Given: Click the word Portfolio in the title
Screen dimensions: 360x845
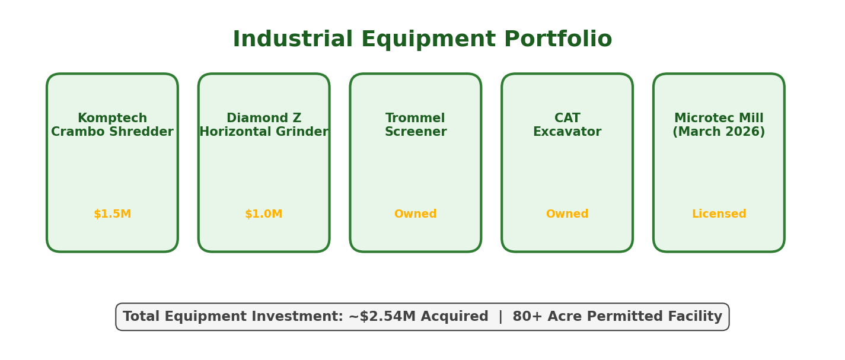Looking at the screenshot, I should pos(557,40).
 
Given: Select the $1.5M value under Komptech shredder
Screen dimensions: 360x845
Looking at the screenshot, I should pos(112,214).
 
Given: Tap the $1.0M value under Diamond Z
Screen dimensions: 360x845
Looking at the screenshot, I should pos(264,214).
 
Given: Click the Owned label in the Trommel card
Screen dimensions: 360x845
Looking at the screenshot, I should pos(416,214).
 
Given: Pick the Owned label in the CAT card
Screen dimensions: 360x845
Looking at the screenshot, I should pos(567,214).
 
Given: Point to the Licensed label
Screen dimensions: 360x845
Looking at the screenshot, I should pos(719,214).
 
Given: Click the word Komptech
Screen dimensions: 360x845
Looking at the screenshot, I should pos(112,119).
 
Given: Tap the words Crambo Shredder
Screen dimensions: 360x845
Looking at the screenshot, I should pos(112,132).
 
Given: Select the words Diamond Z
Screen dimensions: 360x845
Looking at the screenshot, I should pos(264,119).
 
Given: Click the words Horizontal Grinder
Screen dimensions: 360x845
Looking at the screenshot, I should pos(264,132).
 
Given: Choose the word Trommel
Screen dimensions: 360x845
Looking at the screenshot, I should pos(415,119).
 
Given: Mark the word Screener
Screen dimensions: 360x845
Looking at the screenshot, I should pos(416,132).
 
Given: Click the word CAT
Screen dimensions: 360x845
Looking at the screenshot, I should pos(567,119).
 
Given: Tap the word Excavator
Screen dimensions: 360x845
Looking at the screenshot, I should pos(567,132).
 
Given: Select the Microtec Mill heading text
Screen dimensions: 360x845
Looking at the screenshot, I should pos(719,119).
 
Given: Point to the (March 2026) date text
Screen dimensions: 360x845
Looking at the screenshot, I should pos(719,132).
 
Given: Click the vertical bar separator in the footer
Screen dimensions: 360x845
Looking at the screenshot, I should pos(500,317).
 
